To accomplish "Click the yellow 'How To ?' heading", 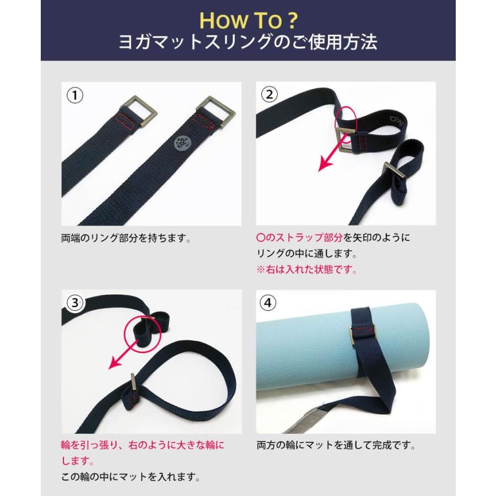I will click(x=248, y=20).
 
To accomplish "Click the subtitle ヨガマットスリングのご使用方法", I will click(x=248, y=43).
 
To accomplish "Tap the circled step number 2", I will click(x=269, y=95).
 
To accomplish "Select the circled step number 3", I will click(x=75, y=303).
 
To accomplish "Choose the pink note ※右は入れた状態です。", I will click(x=307, y=270).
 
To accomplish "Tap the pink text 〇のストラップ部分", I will click(x=300, y=238).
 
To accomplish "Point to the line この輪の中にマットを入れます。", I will click(x=130, y=477).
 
